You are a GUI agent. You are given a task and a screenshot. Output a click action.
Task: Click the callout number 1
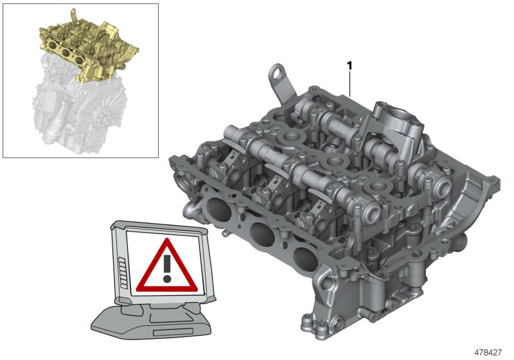click(x=350, y=66)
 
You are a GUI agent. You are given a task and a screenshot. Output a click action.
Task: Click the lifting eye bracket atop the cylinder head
click(x=278, y=77)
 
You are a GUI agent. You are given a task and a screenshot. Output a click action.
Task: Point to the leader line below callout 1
click(x=350, y=84)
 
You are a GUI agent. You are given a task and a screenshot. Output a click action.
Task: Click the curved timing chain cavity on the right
click(x=475, y=212)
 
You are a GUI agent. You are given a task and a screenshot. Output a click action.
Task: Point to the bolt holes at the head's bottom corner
click(x=315, y=325)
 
